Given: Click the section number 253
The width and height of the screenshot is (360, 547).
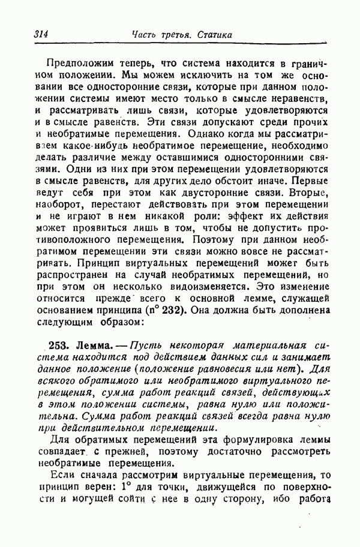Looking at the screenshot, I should [58, 346].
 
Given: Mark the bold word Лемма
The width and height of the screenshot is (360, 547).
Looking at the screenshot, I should [90, 346].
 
